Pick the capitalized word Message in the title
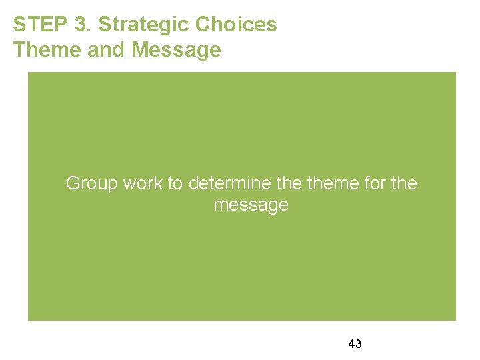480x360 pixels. [x=176, y=50]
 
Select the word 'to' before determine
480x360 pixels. [x=176, y=183]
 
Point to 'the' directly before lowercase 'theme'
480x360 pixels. [x=285, y=183]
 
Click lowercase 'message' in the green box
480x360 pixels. [x=251, y=205]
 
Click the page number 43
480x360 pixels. [x=355, y=344]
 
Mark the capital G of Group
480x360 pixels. [x=73, y=183]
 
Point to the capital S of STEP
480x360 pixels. [x=19, y=25]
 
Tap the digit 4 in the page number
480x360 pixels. [x=351, y=344]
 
